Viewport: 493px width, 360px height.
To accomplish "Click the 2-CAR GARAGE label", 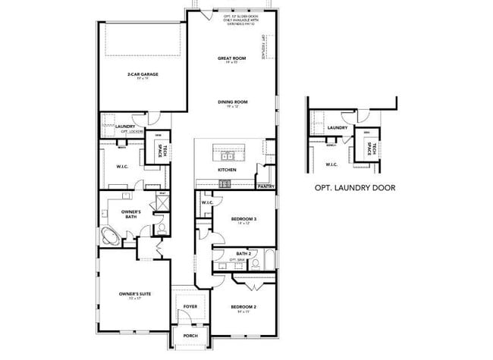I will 141,74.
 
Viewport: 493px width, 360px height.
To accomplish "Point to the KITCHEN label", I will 227,171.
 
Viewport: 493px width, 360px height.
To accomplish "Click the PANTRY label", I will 265,186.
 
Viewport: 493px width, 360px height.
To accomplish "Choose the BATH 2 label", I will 243,253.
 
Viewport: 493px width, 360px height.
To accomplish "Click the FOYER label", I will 190,307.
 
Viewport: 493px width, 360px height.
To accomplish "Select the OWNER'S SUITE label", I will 133,293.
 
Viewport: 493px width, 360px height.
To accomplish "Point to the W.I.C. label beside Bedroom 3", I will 207,203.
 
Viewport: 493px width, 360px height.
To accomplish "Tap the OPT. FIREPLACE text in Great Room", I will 263,47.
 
